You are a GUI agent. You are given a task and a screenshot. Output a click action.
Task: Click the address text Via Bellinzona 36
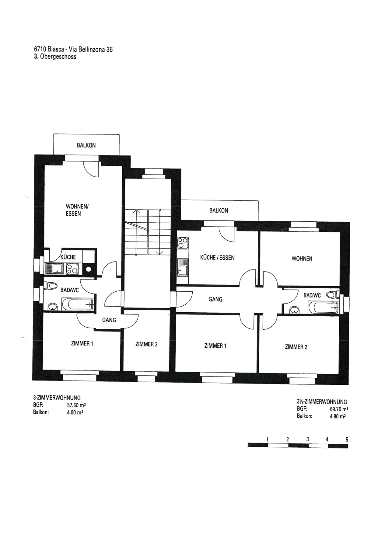click(x=90, y=49)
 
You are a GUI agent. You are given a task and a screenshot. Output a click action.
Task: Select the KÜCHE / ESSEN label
click(x=217, y=257)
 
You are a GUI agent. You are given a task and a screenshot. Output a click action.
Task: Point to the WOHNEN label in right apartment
click(x=302, y=258)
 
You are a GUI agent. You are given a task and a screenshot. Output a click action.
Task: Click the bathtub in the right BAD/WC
click(x=323, y=307)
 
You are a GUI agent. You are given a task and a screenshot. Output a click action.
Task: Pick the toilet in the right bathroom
click(x=332, y=295)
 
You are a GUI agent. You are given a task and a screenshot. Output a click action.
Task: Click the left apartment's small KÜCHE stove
click(x=72, y=269)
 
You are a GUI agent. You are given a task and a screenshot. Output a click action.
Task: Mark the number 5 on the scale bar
click(x=347, y=439)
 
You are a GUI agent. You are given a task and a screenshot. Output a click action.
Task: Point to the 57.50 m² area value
click(x=76, y=405)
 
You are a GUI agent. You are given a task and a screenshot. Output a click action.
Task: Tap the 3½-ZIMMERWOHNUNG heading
click(x=322, y=402)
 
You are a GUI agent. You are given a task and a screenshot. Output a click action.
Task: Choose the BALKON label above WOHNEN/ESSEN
click(x=86, y=145)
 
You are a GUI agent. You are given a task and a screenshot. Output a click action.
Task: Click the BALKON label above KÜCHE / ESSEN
click(x=219, y=210)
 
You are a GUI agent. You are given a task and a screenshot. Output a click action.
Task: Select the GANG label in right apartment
click(x=215, y=299)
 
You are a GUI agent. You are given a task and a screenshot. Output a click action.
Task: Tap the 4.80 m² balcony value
click(x=338, y=416)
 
